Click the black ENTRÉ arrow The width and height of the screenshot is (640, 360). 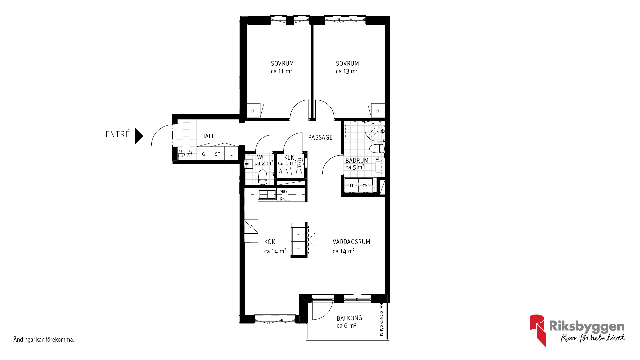[139, 136]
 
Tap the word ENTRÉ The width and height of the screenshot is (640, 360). [117, 134]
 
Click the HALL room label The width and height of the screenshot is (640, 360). [208, 136]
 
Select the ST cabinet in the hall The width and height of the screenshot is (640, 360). [218, 154]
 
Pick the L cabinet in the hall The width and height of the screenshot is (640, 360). [232, 154]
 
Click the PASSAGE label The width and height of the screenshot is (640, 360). [320, 137]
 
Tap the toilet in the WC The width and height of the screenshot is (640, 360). [263, 177]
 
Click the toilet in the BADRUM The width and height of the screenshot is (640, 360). [377, 149]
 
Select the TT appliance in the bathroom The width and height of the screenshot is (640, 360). [351, 186]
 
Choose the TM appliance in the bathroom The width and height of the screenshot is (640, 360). [365, 186]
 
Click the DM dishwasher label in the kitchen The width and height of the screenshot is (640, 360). [283, 199]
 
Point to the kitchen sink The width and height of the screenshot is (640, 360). [267, 194]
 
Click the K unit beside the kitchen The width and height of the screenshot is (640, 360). [299, 234]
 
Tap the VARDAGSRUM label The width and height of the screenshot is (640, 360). [351, 242]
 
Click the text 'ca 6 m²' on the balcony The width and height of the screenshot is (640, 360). [346, 326]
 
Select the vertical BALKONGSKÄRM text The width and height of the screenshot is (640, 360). [382, 319]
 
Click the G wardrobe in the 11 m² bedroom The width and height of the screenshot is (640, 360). [253, 111]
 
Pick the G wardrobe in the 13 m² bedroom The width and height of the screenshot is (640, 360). [378, 111]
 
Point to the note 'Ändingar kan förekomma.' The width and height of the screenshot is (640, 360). [44, 340]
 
